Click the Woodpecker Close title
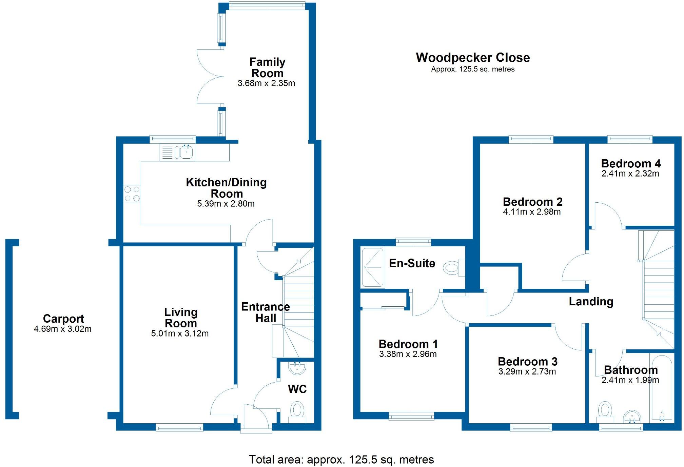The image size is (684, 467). (x=473, y=58)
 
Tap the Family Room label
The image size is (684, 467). (x=267, y=67)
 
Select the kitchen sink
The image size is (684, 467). (x=186, y=152)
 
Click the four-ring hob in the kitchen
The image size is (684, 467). (x=132, y=194)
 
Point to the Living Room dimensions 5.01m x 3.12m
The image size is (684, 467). (x=180, y=333)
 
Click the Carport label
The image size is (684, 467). (x=63, y=319)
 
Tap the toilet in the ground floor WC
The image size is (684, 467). (x=297, y=410)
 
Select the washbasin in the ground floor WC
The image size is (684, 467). (x=297, y=368)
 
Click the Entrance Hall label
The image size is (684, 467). (x=266, y=312)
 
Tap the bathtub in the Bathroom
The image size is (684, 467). (x=661, y=388)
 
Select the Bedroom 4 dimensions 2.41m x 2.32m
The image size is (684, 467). (x=630, y=174)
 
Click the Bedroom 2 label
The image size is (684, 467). (x=532, y=202)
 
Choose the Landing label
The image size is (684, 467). (x=591, y=301)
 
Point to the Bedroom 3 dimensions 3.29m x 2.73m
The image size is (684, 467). (x=527, y=372)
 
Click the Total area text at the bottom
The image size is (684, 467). (x=341, y=460)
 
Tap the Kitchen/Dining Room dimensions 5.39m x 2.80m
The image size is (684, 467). (x=226, y=204)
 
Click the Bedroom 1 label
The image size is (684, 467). (x=408, y=344)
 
